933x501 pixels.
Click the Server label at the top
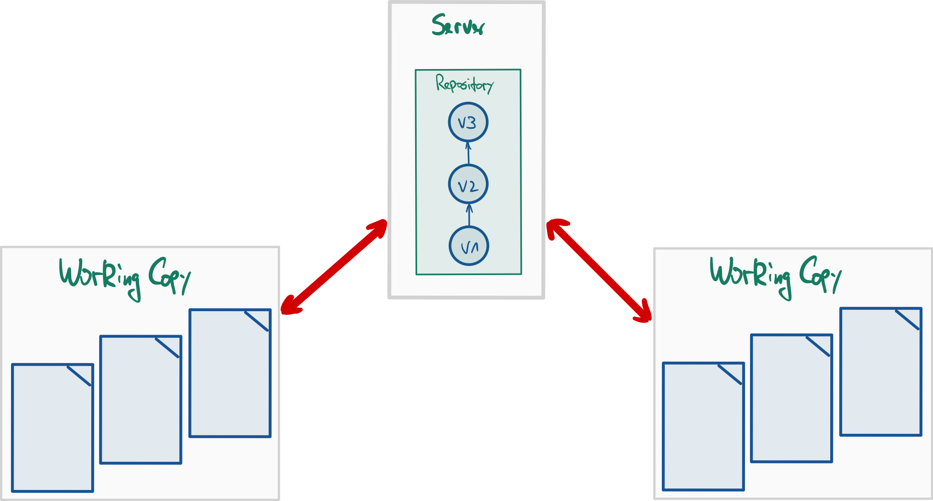pos(458,25)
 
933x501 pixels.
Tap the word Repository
pos(465,84)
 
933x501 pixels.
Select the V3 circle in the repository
pos(468,122)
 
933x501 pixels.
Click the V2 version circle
pos(468,185)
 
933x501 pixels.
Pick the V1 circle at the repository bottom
pos(468,246)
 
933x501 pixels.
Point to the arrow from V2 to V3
pos(469,153)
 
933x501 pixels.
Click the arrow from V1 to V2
pos(469,214)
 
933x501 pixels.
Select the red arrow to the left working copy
pos(333,268)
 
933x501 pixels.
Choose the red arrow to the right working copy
pos(599,271)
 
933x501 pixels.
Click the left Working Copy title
pos(124,277)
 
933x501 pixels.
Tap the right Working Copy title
pos(775,276)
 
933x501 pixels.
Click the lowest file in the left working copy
pos(52,428)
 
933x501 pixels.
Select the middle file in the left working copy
pos(140,400)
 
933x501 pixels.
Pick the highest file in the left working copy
pos(230,373)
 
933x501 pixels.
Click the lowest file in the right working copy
pos(703,427)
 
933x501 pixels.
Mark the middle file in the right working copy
pos(791,398)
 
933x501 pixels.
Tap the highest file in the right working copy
pos(880,372)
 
